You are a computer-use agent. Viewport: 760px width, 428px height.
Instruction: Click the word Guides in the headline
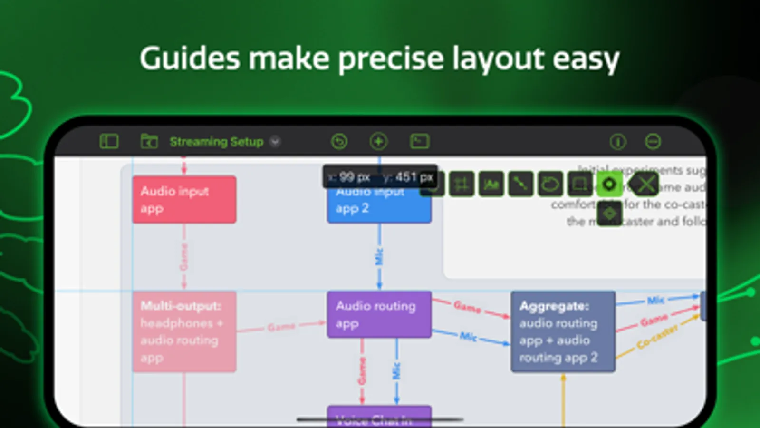(189, 59)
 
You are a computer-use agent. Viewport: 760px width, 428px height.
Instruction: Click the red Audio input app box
(184, 199)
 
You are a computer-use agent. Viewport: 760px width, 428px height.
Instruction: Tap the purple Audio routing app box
(379, 314)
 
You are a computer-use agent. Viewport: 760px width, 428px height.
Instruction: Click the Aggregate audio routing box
(563, 331)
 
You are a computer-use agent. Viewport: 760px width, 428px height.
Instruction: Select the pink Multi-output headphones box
(184, 331)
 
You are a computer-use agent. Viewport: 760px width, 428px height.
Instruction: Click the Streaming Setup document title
(216, 142)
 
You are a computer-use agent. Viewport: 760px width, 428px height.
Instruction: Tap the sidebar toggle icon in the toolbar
(109, 142)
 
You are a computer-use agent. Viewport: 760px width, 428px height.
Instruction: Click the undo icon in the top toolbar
(339, 142)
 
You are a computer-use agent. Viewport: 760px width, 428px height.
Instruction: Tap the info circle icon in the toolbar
(617, 142)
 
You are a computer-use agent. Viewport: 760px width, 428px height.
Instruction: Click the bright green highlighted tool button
(609, 184)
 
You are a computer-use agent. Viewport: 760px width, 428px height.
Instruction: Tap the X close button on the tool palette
(645, 184)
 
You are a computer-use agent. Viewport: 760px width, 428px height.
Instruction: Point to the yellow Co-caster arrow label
(657, 337)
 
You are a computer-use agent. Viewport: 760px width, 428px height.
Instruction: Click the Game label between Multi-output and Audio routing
(281, 327)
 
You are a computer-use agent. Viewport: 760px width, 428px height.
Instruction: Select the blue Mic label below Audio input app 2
(379, 257)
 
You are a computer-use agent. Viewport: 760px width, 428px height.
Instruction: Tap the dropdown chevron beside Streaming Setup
(275, 142)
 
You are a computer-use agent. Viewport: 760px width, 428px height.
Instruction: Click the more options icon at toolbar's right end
(653, 142)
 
